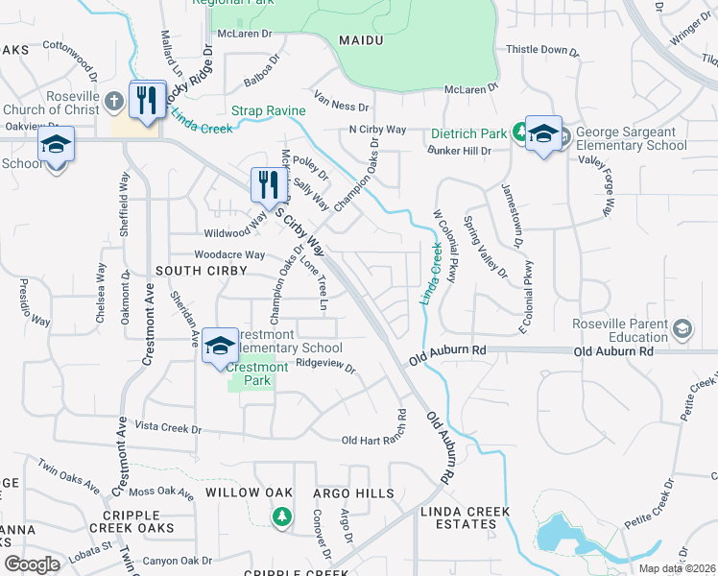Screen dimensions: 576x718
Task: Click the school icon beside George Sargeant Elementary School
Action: (542, 134)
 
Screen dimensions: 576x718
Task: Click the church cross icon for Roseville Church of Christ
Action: (114, 99)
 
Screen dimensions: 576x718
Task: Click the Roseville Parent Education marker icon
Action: (682, 330)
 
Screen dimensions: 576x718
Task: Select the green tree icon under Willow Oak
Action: (280, 517)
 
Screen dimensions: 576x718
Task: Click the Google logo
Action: (32, 564)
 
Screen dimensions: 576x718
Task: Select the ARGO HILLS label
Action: (353, 493)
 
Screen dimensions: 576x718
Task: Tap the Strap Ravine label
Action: (268, 111)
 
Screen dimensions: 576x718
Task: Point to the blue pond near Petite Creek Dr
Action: (557, 533)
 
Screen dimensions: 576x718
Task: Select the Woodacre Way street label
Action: (229, 254)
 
